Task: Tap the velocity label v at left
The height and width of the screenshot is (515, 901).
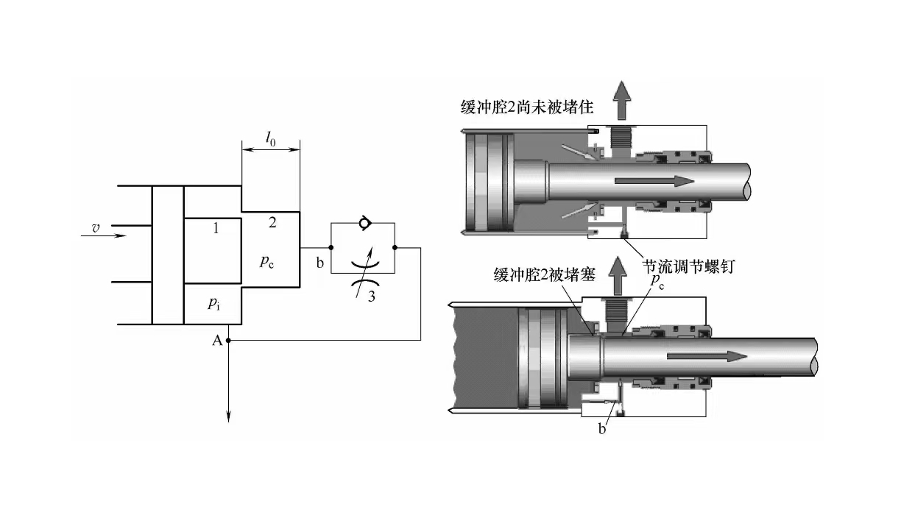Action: (x=96, y=229)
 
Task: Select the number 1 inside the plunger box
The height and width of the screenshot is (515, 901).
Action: (x=216, y=229)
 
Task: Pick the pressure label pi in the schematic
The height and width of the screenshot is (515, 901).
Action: (x=213, y=302)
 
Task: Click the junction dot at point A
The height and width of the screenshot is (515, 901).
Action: (x=229, y=341)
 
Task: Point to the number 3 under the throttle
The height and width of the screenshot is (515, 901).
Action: (x=372, y=297)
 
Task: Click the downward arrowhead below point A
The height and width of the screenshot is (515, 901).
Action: (x=229, y=416)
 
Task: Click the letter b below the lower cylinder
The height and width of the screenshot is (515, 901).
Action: (x=602, y=429)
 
